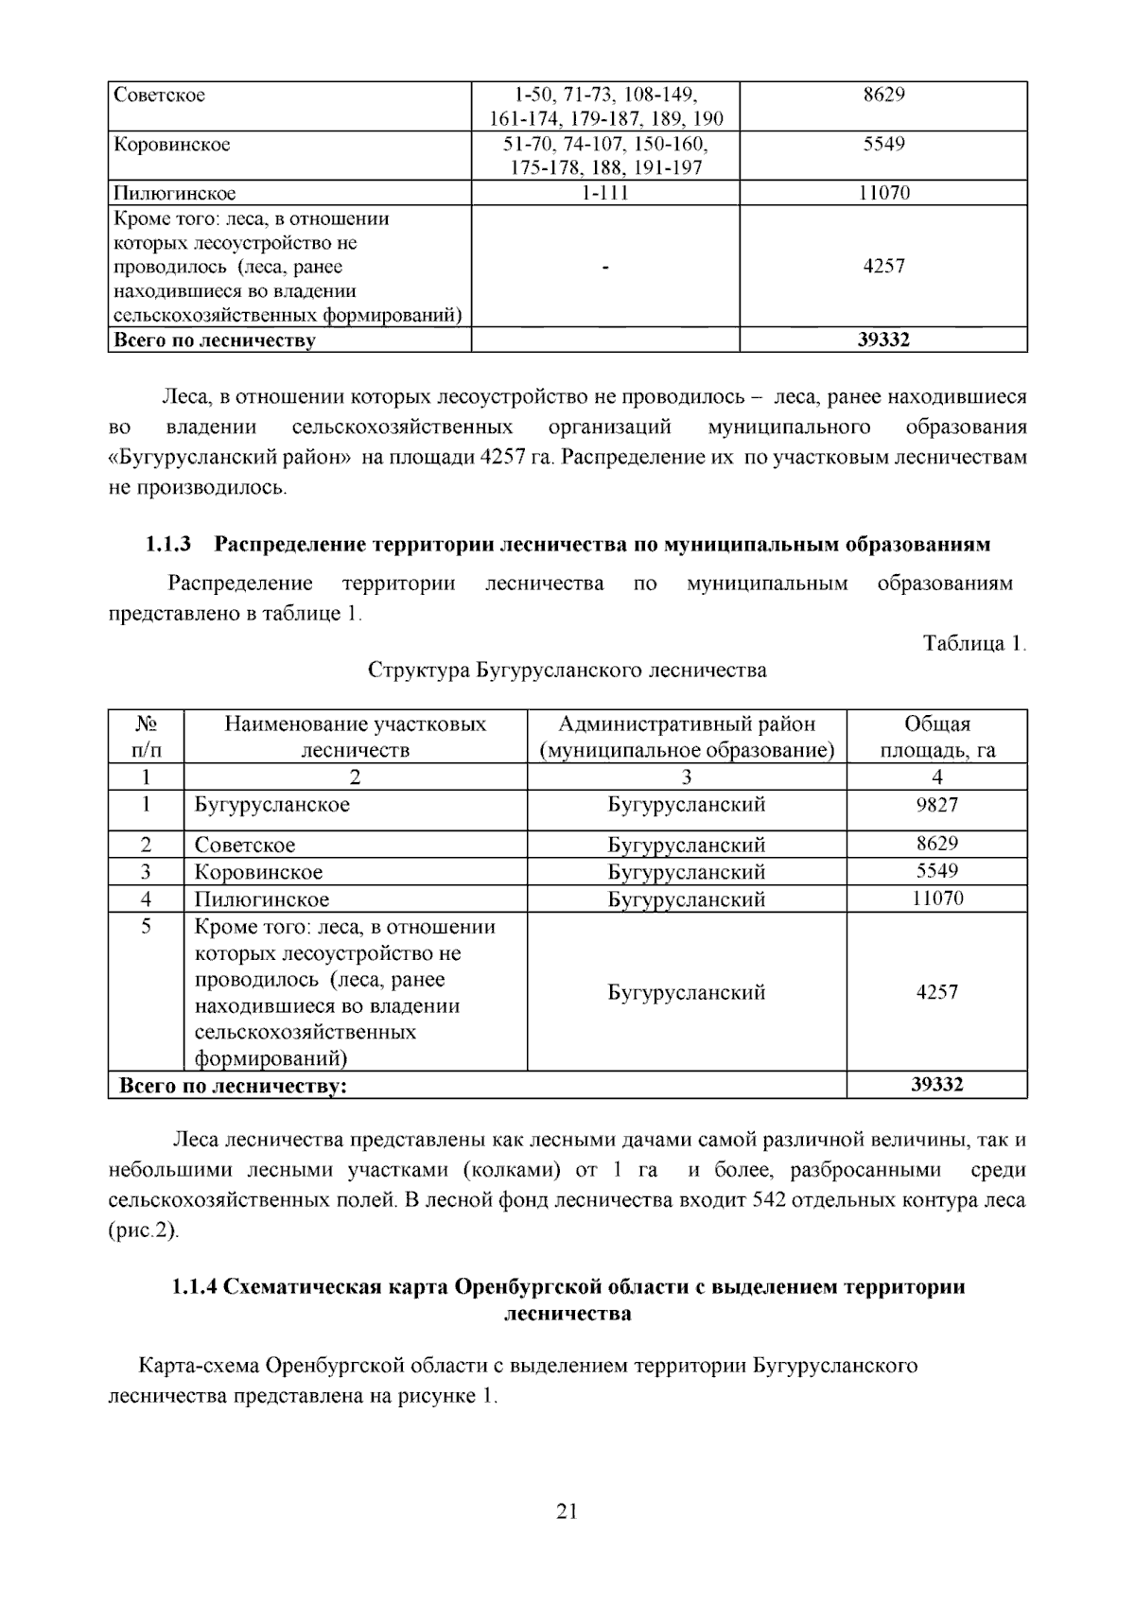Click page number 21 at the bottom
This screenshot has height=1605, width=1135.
567,1510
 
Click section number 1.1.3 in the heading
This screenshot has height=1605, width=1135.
168,545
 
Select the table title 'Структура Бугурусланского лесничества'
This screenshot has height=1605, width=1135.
567,671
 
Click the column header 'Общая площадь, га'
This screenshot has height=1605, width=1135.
937,737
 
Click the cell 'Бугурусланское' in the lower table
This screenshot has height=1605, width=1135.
272,805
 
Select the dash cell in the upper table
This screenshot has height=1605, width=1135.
605,267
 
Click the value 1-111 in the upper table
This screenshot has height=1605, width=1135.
605,193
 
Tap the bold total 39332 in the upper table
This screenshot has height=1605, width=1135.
883,340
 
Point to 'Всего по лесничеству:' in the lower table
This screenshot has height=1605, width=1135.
233,1085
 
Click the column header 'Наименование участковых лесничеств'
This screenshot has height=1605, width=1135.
355,737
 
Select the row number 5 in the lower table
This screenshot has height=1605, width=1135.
146,926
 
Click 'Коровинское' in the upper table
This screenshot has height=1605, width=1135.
172,145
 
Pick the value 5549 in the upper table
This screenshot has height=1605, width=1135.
883,144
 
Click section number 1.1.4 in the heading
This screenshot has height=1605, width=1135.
195,1287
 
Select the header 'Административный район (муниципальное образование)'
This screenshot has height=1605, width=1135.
687,737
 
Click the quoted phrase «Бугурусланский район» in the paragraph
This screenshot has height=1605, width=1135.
231,458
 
